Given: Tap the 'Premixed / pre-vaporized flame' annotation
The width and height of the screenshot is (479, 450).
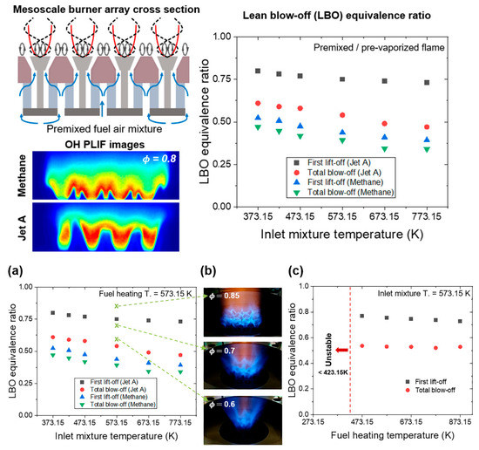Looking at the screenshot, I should coord(389,45).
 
